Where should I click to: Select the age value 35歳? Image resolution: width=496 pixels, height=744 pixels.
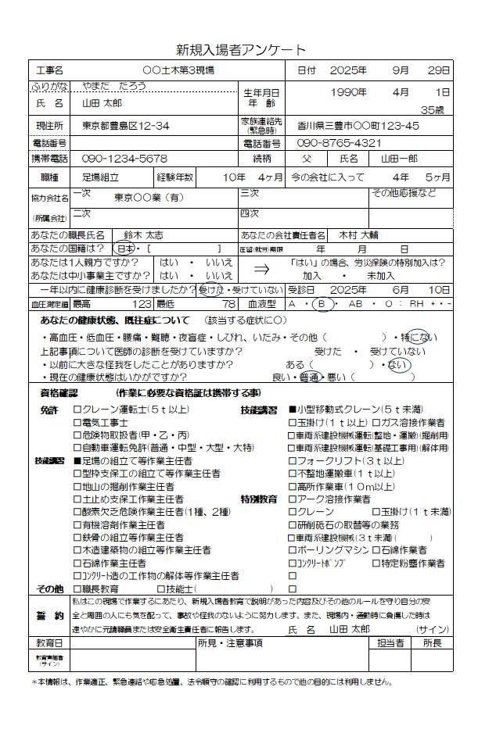432,110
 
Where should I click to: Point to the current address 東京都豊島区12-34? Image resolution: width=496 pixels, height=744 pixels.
126,125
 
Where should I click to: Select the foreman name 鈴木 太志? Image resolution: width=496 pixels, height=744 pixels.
143,234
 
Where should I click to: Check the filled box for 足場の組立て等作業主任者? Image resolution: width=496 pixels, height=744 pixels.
77,461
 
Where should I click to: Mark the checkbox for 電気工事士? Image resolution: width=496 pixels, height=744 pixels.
77,422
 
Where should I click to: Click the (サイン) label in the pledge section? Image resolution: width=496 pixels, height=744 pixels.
431,629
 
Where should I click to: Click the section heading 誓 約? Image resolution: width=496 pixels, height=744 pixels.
49,615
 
